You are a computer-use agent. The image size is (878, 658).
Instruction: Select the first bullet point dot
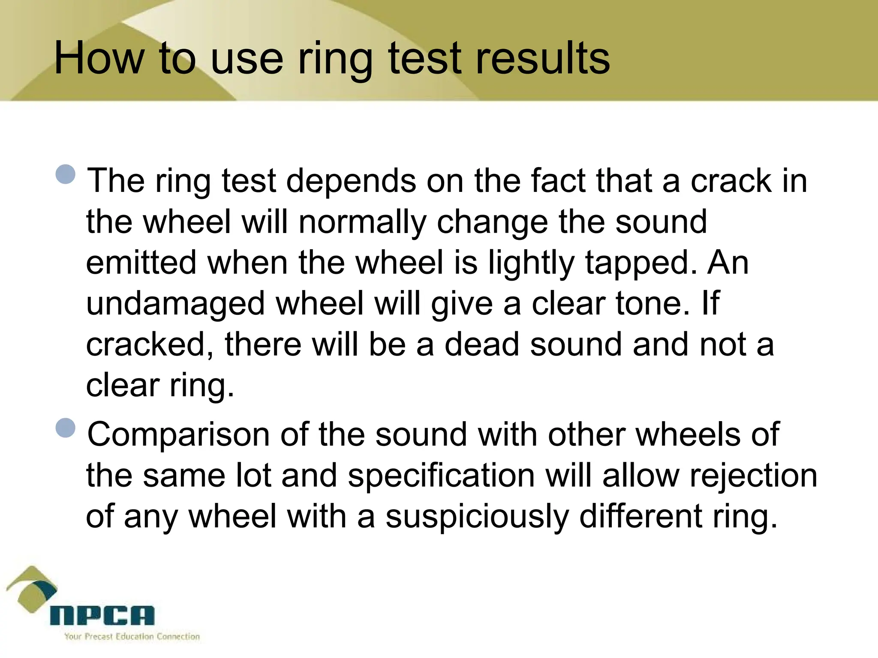66,174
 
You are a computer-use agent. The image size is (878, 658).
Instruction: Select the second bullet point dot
66,428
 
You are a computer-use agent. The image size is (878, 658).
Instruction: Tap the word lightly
531,264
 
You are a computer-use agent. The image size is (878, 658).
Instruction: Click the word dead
481,344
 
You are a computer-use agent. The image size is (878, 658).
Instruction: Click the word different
640,517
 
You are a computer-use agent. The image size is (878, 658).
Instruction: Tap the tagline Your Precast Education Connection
132,637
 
